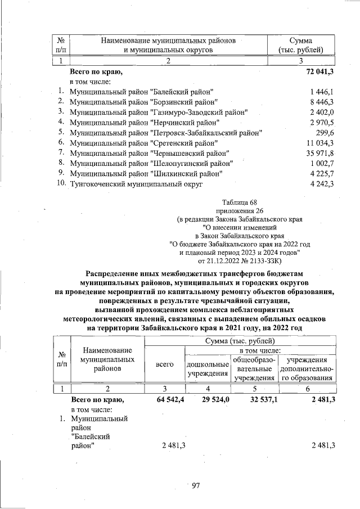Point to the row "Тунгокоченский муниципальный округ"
coord(136,184)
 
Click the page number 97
coord(196,485)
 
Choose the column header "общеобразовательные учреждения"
coord(254,368)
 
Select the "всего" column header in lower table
coord(164,364)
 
